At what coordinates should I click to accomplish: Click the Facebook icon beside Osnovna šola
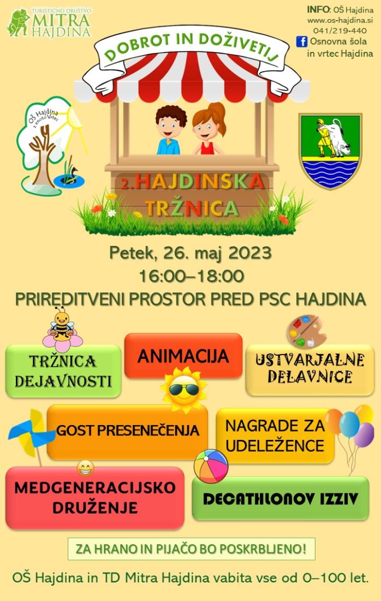pyautogui.click(x=302, y=42)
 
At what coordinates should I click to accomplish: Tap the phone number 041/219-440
pyautogui.click(x=340, y=31)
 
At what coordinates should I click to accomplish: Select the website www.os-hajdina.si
pyautogui.click(x=340, y=20)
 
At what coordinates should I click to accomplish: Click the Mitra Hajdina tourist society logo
pyautogui.click(x=49, y=22)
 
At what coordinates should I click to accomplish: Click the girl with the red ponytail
pyautogui.click(x=209, y=129)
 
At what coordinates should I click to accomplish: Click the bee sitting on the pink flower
pyautogui.click(x=62, y=325)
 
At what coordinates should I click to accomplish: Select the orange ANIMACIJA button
pyautogui.click(x=183, y=356)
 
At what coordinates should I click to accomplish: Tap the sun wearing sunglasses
pyautogui.click(x=183, y=390)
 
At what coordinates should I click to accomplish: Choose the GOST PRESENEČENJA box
pyautogui.click(x=128, y=431)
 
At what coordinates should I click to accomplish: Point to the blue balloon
pyautogui.click(x=349, y=425)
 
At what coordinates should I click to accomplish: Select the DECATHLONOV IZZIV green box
pyautogui.click(x=281, y=498)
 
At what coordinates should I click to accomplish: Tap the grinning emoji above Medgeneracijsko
pyautogui.click(x=85, y=468)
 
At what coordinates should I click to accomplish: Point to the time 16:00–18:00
pyautogui.click(x=192, y=276)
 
